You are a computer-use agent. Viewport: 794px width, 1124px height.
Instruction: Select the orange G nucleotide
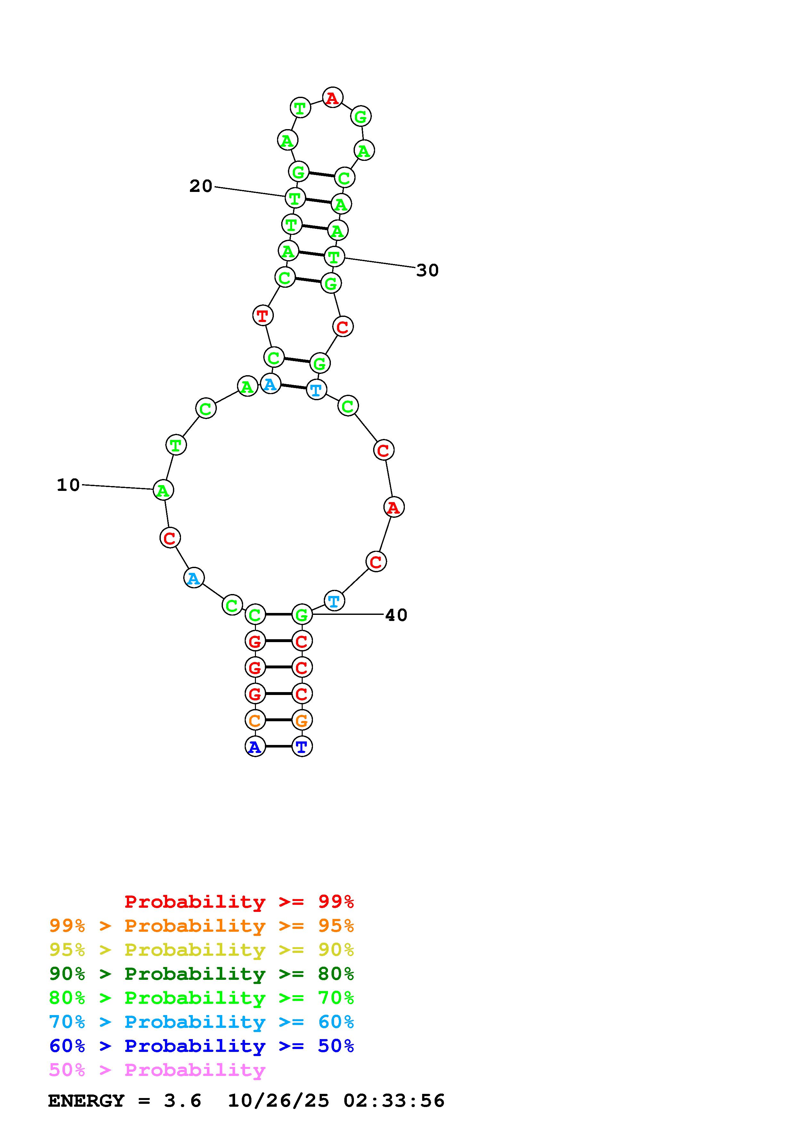(x=302, y=720)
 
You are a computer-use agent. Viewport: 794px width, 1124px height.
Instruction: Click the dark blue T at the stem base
(x=302, y=747)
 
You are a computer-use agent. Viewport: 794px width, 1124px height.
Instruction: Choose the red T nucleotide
(x=263, y=315)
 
